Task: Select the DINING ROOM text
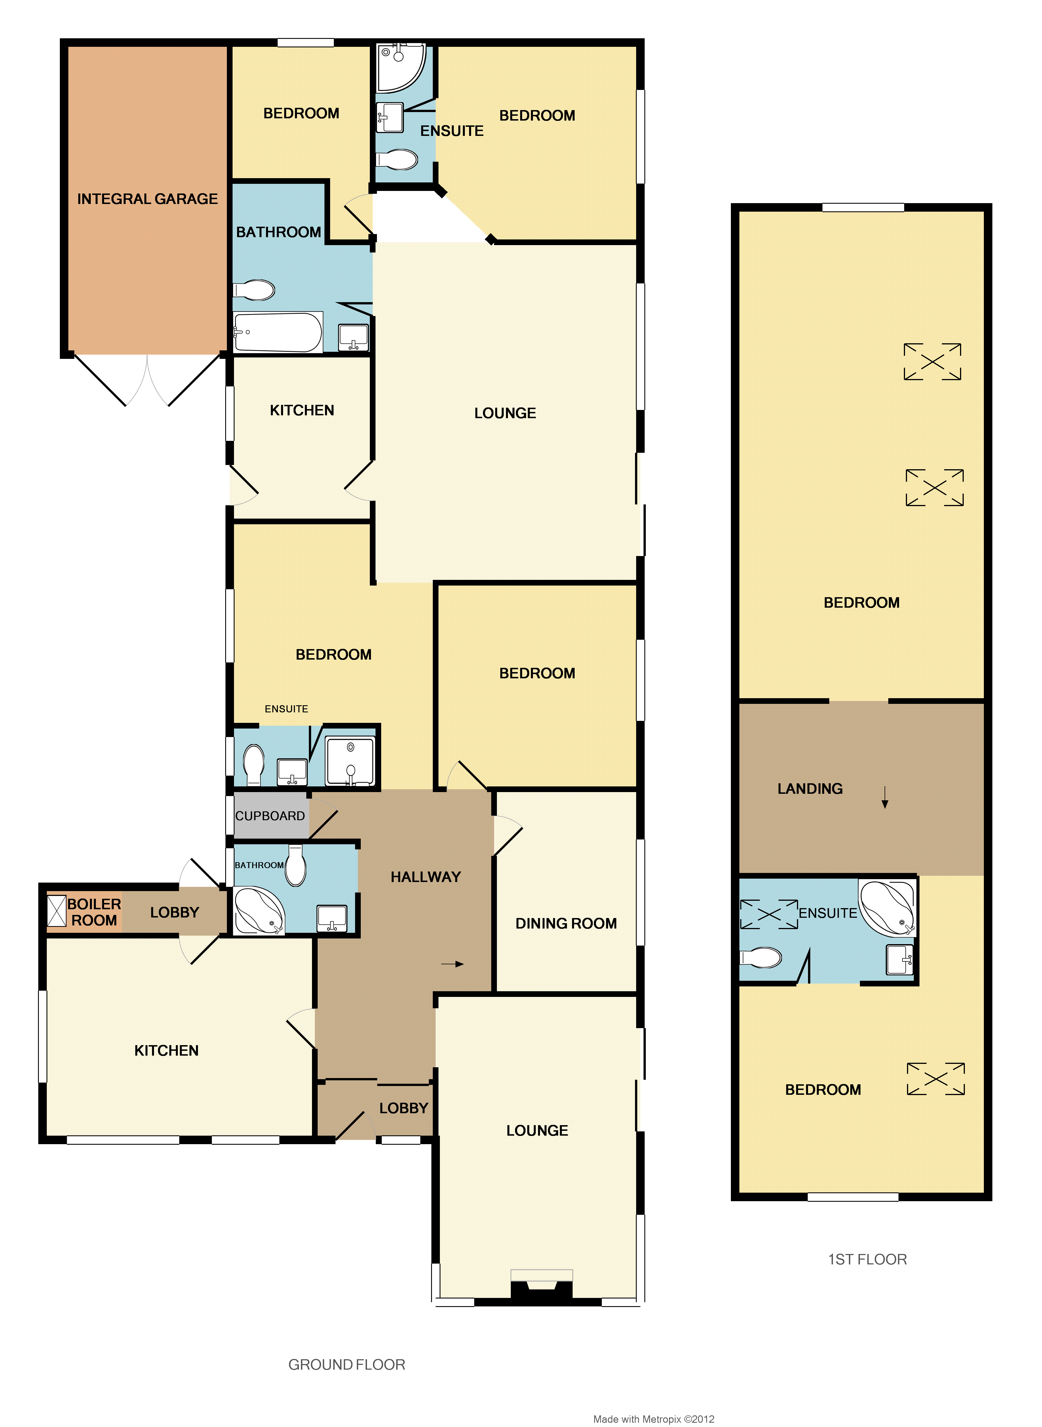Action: tap(566, 923)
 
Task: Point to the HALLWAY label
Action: tap(426, 877)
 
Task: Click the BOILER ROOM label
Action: tap(94, 912)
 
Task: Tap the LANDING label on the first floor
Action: tap(810, 789)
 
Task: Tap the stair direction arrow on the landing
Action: tap(885, 797)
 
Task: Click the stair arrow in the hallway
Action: tap(452, 964)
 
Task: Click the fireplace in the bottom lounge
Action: tap(541, 1285)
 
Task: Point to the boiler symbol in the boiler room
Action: tap(57, 912)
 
